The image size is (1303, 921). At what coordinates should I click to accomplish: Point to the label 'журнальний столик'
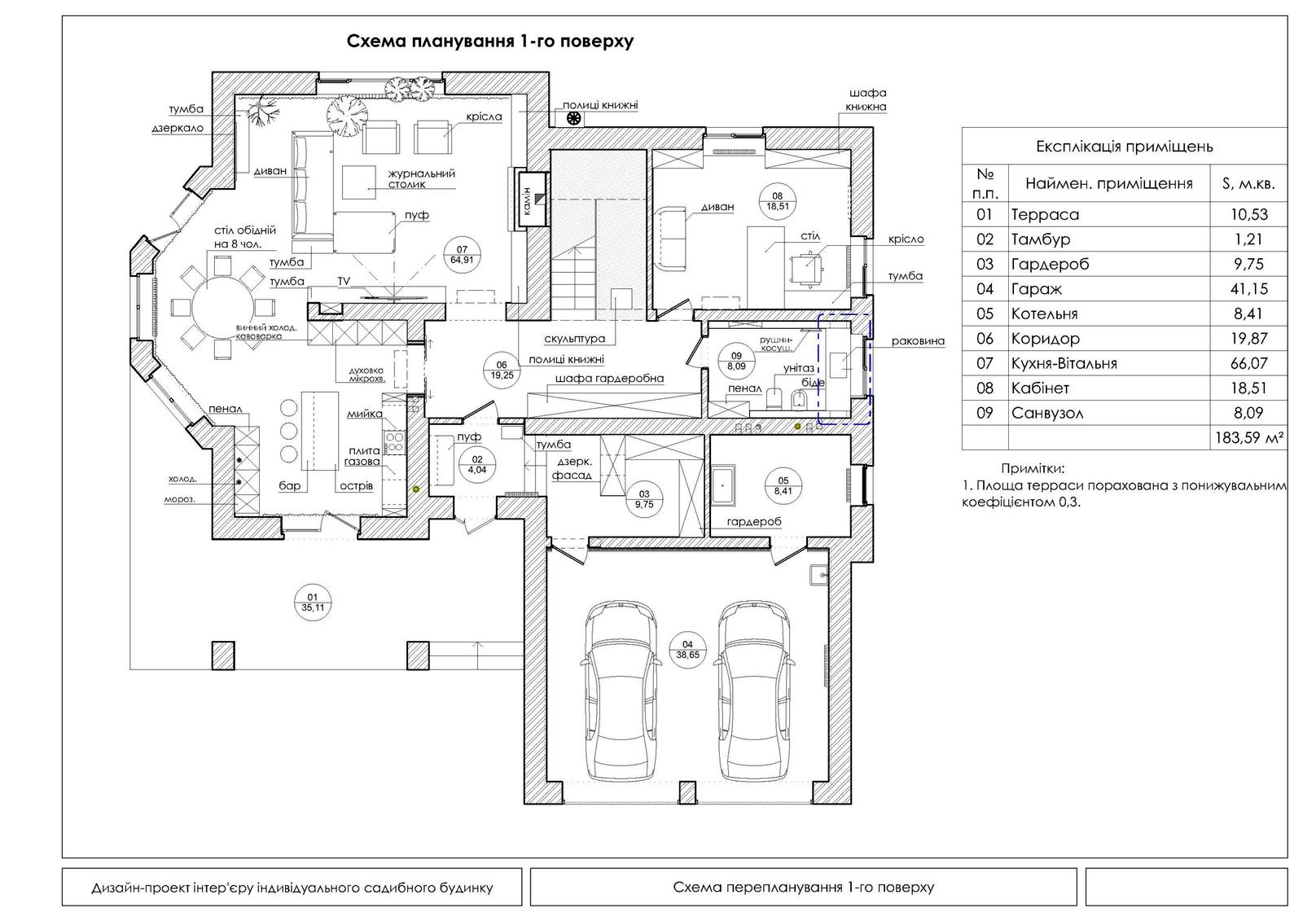point(420,178)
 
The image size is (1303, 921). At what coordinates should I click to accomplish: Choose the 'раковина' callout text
point(918,341)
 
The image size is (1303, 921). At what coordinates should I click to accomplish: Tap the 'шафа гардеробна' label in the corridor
point(610,379)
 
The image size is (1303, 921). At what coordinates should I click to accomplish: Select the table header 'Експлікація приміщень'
point(1124,147)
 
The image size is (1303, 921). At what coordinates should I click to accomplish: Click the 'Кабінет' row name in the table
point(1040,388)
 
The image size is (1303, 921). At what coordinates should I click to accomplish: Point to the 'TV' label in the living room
point(344,281)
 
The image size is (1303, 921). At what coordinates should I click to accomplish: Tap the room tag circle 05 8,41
point(783,486)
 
